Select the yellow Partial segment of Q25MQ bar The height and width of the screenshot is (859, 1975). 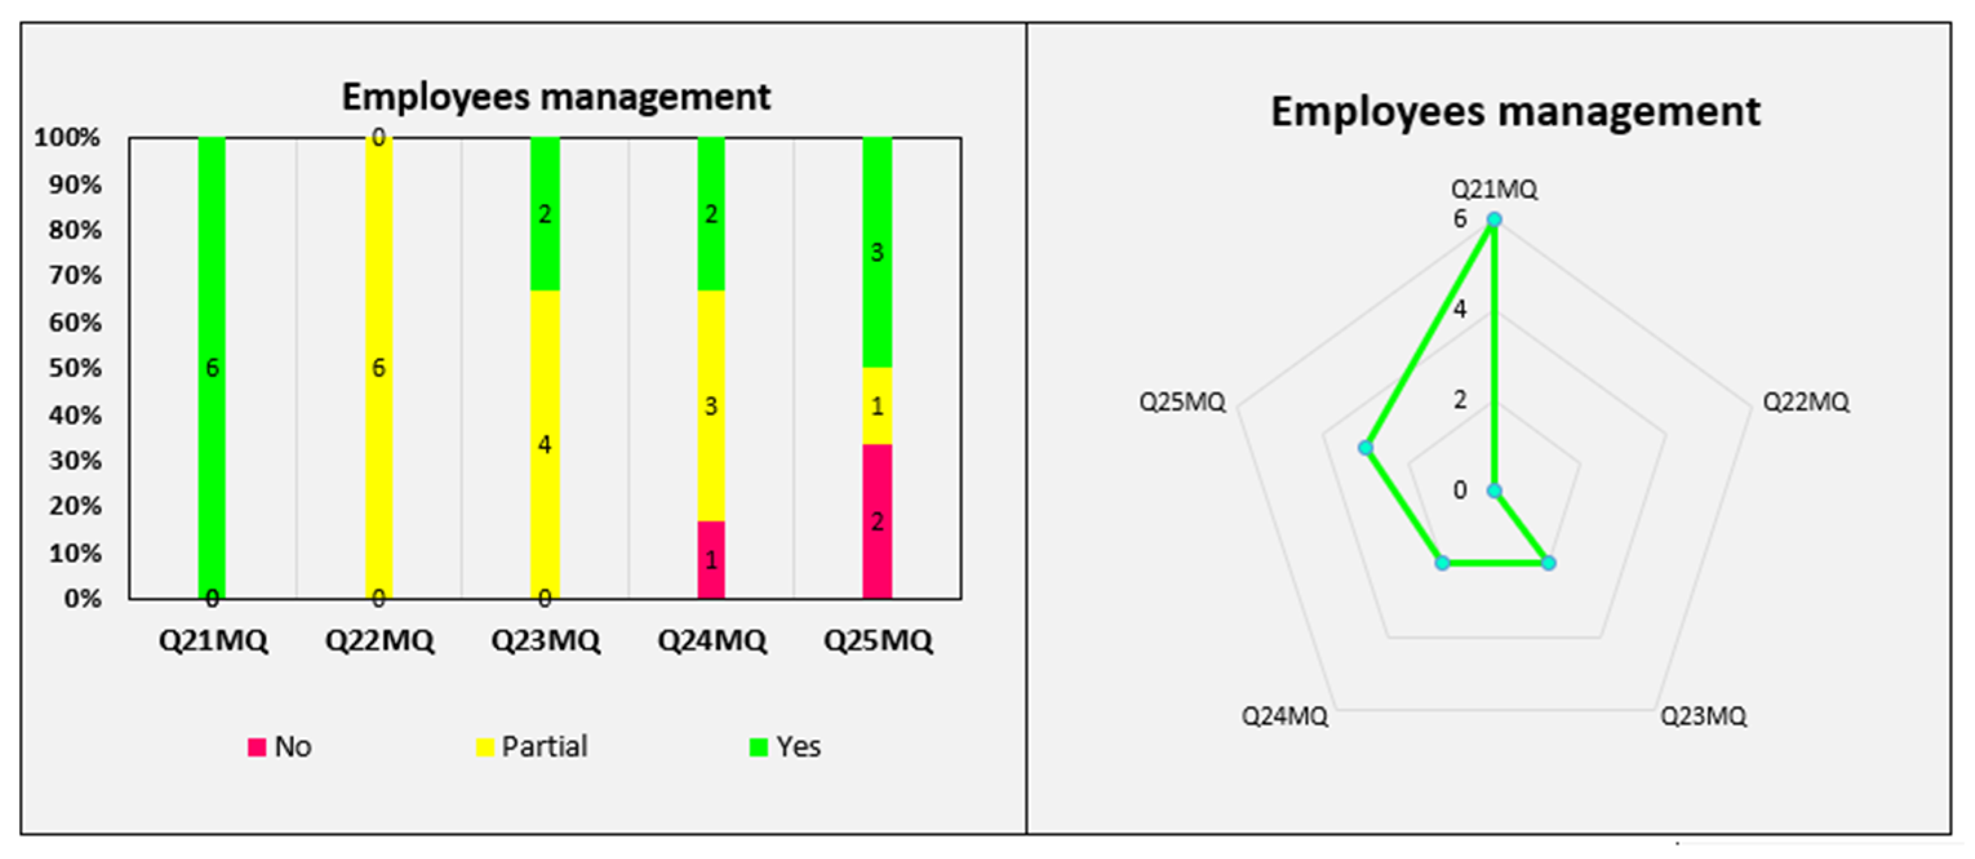877,406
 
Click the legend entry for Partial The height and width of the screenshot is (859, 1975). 533,747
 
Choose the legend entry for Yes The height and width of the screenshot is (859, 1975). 786,747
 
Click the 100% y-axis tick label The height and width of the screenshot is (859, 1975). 68,138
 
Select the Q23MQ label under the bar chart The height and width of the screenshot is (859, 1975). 545,640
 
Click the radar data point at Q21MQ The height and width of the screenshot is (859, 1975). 1494,220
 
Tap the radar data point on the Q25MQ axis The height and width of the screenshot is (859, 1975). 1365,448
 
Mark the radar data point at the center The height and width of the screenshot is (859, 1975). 1494,491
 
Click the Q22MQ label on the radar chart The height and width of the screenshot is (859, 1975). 1805,402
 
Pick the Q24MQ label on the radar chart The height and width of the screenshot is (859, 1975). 1284,716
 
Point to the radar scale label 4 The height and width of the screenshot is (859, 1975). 1459,309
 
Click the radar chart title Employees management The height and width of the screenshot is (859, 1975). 1515,112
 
